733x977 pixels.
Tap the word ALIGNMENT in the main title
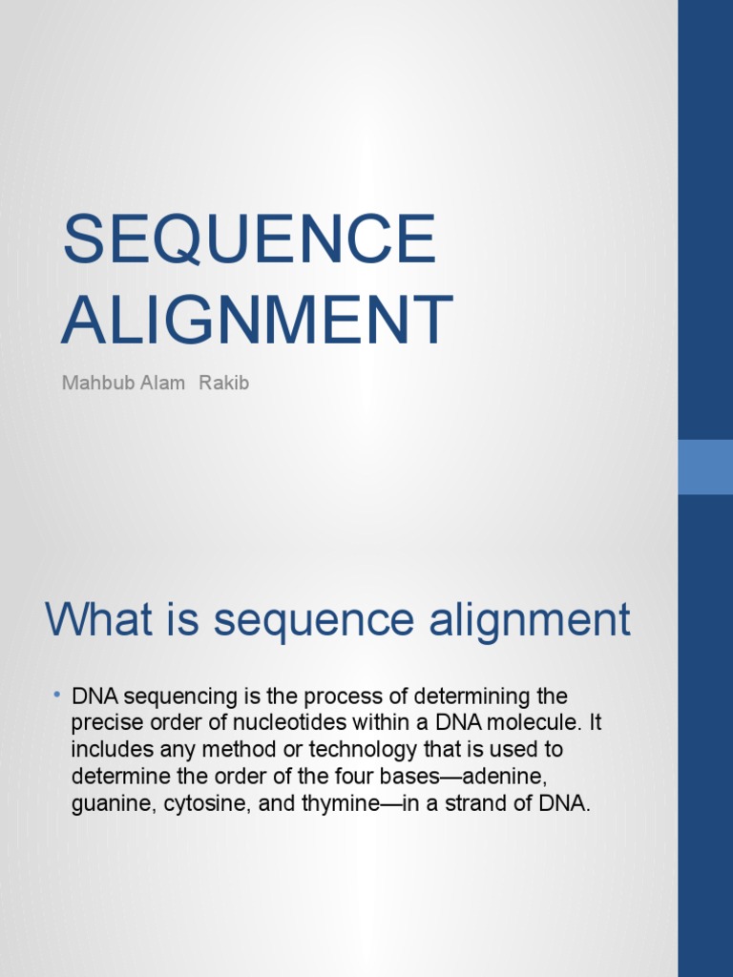click(x=257, y=321)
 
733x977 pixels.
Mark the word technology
click(x=349, y=750)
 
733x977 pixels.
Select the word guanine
click(x=107, y=803)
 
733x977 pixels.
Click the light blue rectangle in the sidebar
click(x=705, y=467)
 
